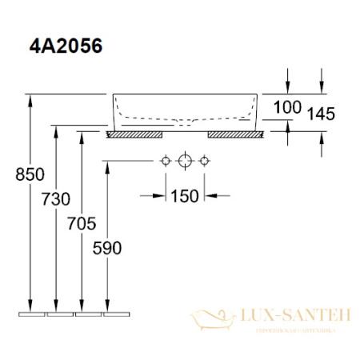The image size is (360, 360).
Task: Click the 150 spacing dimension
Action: click(186, 195)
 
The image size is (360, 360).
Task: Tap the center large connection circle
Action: click(186, 161)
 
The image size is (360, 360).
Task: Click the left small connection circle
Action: click(166, 161)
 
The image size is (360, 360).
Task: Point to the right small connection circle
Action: click(206, 161)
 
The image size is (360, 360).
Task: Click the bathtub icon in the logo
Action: click(210, 318)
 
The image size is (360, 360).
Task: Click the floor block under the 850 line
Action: click(30, 312)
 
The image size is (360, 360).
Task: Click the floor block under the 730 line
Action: click(58, 312)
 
